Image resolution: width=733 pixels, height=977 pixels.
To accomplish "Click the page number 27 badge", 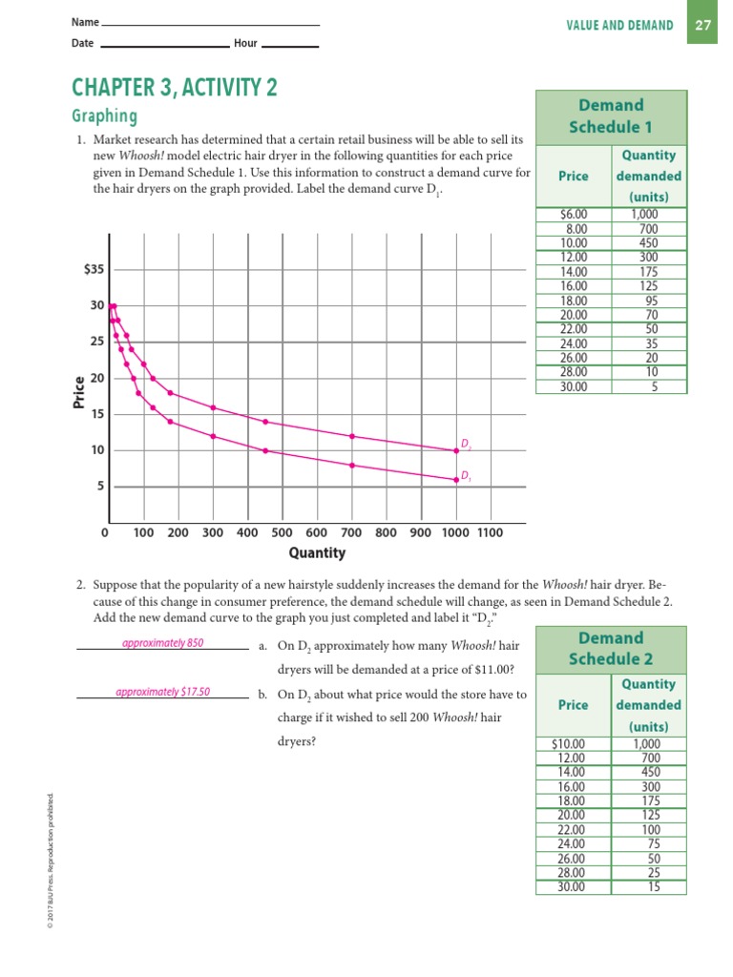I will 703,26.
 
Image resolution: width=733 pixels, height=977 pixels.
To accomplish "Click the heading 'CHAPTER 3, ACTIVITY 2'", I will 175,89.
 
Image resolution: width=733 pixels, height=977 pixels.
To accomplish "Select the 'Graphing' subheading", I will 105,116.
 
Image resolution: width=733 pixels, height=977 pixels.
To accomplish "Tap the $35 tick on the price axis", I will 94,270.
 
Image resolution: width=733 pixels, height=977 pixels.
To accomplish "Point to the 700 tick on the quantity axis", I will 351,532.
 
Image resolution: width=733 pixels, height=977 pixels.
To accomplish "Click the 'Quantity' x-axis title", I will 317,553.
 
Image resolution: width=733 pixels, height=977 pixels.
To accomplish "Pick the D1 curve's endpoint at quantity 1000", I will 455,480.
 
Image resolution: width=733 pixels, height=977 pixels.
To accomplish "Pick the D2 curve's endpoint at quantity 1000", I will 455,450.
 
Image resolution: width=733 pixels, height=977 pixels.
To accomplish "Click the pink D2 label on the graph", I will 466,444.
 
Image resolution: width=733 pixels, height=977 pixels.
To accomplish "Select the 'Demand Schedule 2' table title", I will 611,648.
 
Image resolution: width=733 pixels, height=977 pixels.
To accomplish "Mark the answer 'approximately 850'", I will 163,643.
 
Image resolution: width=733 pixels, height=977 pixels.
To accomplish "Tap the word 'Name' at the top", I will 84,22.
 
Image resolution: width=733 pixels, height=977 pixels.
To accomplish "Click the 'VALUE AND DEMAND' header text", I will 619,26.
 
